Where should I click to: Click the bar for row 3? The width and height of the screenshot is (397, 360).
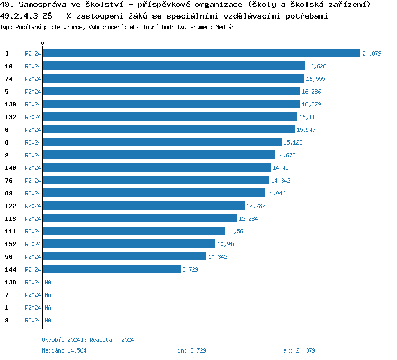point(201,53)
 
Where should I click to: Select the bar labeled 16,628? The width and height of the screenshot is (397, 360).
point(174,66)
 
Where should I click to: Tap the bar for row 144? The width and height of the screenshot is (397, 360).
point(112,269)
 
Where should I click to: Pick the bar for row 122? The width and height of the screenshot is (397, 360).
point(143,206)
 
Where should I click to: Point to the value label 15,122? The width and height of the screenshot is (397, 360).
point(293,142)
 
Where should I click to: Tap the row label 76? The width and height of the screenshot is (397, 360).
point(9,181)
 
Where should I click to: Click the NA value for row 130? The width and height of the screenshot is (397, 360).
point(48,282)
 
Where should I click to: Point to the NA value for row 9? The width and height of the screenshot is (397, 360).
point(48,320)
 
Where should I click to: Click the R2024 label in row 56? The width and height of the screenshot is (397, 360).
point(33,257)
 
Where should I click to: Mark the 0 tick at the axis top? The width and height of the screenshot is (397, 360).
point(43,43)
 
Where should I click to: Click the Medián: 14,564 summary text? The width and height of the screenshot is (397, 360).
point(64,350)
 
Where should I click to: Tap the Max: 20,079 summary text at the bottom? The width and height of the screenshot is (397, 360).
point(297,350)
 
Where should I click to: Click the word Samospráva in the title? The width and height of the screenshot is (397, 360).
point(42,5)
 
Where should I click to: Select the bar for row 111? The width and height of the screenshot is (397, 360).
point(134,231)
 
